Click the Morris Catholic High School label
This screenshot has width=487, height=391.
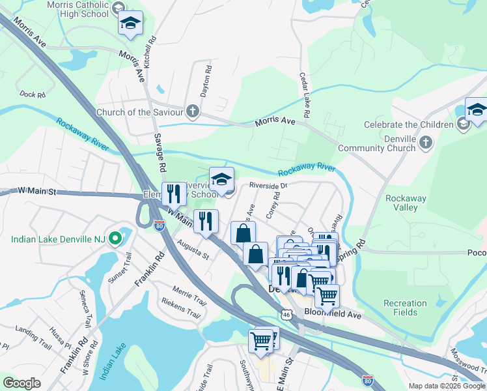point(77,8)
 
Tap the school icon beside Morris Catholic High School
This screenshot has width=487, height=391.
point(130,23)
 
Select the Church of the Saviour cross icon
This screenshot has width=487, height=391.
point(193,111)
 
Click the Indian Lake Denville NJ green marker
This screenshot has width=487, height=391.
point(115,239)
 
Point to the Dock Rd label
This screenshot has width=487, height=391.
point(32,95)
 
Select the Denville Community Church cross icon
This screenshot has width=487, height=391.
point(425,142)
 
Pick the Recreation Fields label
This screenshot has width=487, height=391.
point(405,308)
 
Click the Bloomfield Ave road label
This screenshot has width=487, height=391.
point(332,313)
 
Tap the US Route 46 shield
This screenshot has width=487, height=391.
point(286,315)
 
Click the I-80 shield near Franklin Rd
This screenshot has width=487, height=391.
point(160,225)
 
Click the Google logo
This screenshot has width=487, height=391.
point(21,383)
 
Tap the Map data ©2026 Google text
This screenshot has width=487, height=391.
point(446,386)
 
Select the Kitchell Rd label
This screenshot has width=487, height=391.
point(153,49)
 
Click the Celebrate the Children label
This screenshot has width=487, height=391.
point(408,124)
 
